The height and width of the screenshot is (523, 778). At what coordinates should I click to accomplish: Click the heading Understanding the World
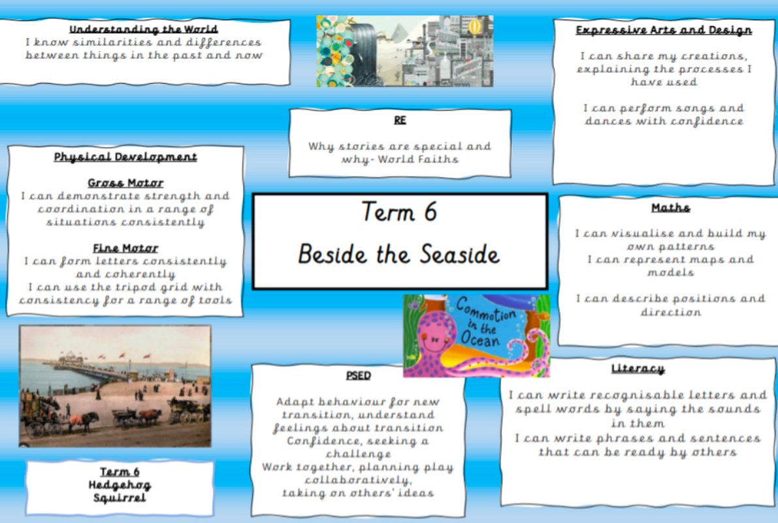(x=144, y=29)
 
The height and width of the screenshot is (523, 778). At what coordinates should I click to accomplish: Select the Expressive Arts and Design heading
(x=664, y=30)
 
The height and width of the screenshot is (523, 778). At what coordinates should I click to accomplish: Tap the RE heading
(x=400, y=120)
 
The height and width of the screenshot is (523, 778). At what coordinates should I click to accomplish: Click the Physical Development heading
(x=125, y=157)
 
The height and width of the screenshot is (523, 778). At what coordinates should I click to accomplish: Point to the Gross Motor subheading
(x=125, y=183)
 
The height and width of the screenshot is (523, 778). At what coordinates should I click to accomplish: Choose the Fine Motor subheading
(x=125, y=248)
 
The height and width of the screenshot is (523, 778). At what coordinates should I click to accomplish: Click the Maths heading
(x=670, y=208)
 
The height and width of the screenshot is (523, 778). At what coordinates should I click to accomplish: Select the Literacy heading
(x=638, y=369)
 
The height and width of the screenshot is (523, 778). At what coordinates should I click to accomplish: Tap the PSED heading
(x=358, y=375)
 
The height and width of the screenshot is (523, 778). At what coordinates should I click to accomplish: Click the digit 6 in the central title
(x=430, y=212)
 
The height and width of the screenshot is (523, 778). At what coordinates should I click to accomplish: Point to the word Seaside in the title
(x=459, y=254)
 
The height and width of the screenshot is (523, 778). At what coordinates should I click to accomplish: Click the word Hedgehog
(x=120, y=485)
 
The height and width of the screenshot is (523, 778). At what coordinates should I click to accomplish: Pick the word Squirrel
(x=120, y=498)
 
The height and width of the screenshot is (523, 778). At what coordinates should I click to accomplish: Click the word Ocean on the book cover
(x=480, y=339)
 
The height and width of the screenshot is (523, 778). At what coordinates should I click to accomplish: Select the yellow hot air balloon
(x=475, y=27)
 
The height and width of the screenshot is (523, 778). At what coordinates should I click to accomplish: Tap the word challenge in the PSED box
(x=358, y=454)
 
